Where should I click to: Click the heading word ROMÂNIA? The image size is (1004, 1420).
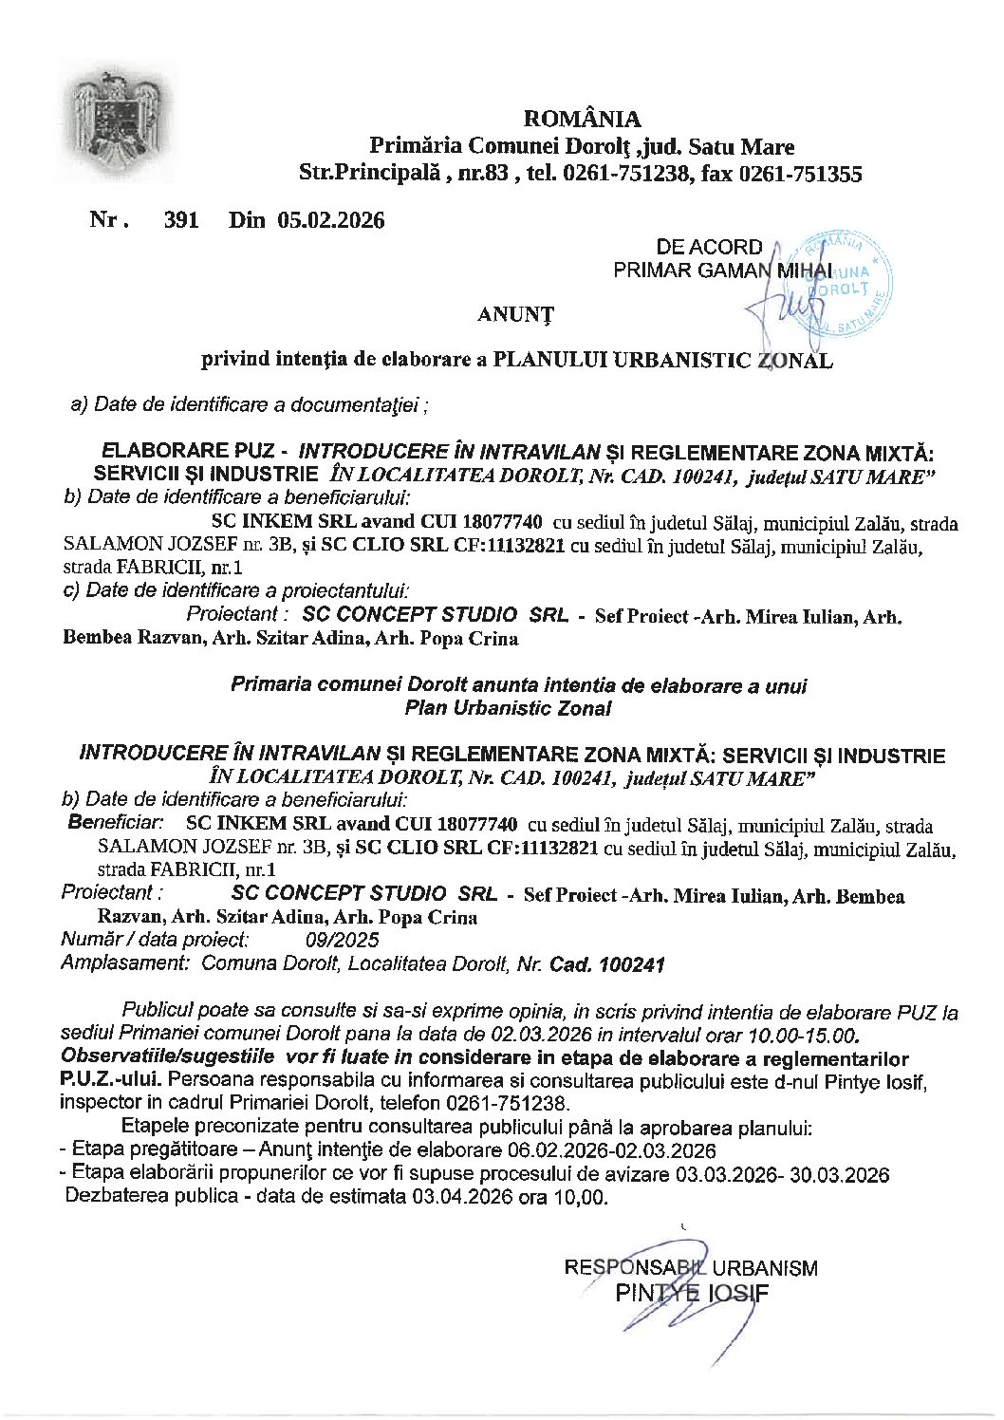[582, 120]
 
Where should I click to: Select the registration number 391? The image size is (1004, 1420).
[181, 220]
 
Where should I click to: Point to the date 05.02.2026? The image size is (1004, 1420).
[331, 220]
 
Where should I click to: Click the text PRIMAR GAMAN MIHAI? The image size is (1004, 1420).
[722, 271]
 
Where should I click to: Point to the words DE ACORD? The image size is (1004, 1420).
[709, 247]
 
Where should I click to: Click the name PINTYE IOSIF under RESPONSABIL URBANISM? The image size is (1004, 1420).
[692, 1293]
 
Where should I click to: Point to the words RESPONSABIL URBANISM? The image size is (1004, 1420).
[691, 1268]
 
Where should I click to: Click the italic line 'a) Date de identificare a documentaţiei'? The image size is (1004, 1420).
[249, 405]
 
